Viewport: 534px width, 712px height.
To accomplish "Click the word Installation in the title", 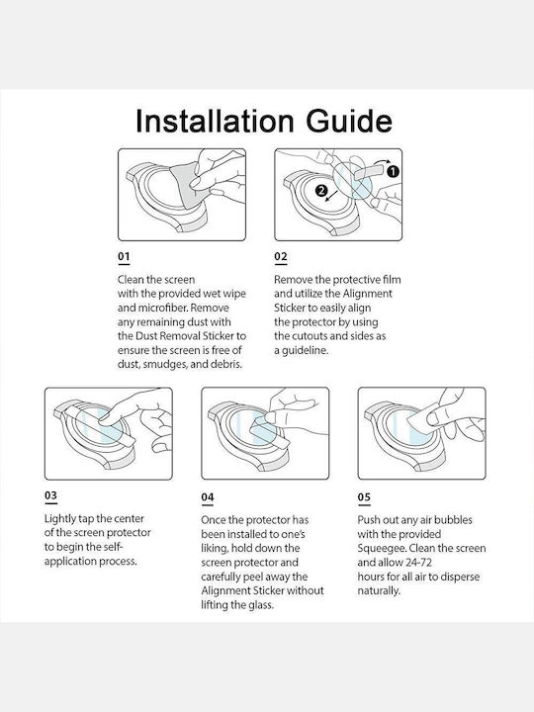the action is click(x=215, y=121).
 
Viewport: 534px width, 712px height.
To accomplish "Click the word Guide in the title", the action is click(x=349, y=122).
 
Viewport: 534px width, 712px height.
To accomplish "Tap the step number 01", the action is click(x=124, y=256).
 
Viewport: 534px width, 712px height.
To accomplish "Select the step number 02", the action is click(x=281, y=256).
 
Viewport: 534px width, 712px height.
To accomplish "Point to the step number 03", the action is click(x=50, y=495).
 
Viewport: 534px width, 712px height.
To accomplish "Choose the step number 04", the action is click(x=208, y=496).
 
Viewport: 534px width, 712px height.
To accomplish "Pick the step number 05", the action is click(x=364, y=496).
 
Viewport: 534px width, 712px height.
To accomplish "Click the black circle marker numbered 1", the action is click(x=393, y=171).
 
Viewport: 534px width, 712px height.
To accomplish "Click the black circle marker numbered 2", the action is click(x=321, y=190).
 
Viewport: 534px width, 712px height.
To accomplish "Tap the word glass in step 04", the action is click(x=260, y=605).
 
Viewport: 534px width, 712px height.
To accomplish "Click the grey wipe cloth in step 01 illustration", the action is click(x=187, y=185).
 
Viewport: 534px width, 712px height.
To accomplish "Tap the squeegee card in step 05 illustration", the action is click(x=422, y=420).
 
